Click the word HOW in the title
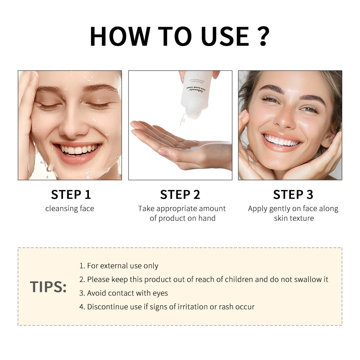click(120, 36)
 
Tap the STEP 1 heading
click(71, 194)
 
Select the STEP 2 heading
click(180, 194)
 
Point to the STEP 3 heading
click(293, 194)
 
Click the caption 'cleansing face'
click(69, 208)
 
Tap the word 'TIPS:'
click(48, 287)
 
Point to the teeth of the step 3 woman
click(282, 140)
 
